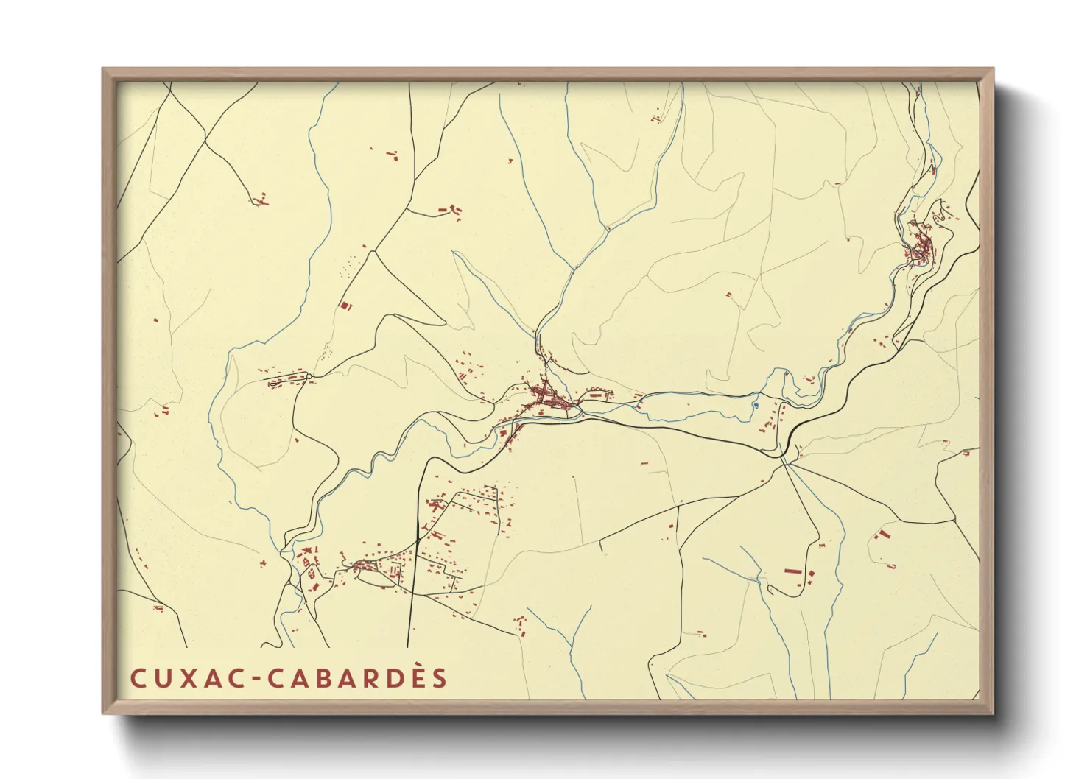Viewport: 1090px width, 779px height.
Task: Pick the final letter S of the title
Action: coord(440,678)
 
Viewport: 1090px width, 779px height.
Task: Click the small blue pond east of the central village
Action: coord(755,403)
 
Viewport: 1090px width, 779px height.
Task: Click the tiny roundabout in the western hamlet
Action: coord(309,376)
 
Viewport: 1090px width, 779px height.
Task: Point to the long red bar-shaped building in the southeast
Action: coord(792,571)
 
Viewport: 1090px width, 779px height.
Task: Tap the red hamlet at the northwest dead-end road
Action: coord(259,200)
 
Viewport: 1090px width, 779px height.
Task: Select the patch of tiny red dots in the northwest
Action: coord(348,265)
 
